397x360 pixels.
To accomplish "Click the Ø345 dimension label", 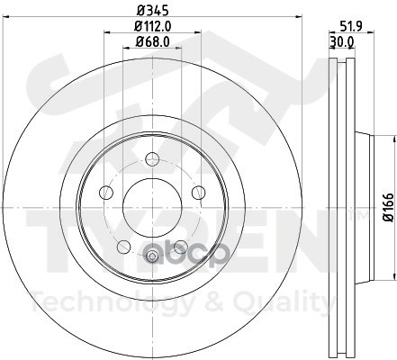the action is click(152, 11).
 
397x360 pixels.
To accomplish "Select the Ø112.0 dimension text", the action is click(152, 26).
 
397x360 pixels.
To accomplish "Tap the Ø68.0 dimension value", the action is click(152, 41).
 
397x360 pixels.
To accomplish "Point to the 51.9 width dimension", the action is click(352, 26).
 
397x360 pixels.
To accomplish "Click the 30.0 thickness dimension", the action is click(342, 42).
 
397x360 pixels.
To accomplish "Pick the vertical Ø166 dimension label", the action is click(389, 207).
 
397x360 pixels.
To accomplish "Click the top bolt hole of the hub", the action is click(152, 159).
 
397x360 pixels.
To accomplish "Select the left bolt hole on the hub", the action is click(106, 193).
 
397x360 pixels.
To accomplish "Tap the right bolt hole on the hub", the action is click(198, 193).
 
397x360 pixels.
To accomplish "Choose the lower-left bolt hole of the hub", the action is click(123, 247).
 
